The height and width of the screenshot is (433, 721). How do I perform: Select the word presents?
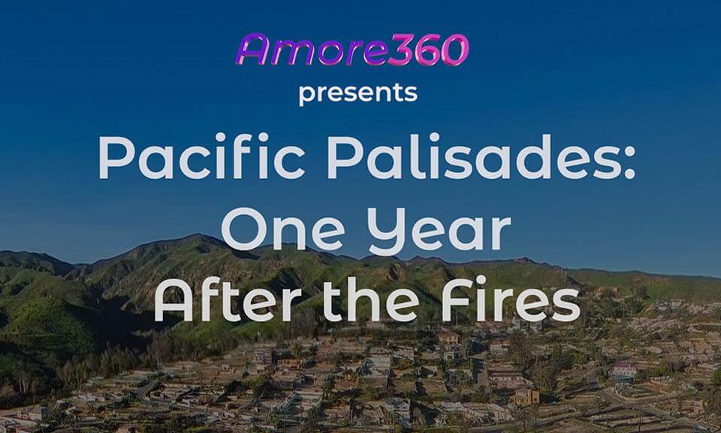pos(358,93)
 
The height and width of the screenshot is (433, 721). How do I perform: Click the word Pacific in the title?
pos(201,156)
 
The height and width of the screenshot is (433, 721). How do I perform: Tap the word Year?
pos(441,231)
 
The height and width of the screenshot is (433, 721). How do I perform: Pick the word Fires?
pos(511,299)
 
